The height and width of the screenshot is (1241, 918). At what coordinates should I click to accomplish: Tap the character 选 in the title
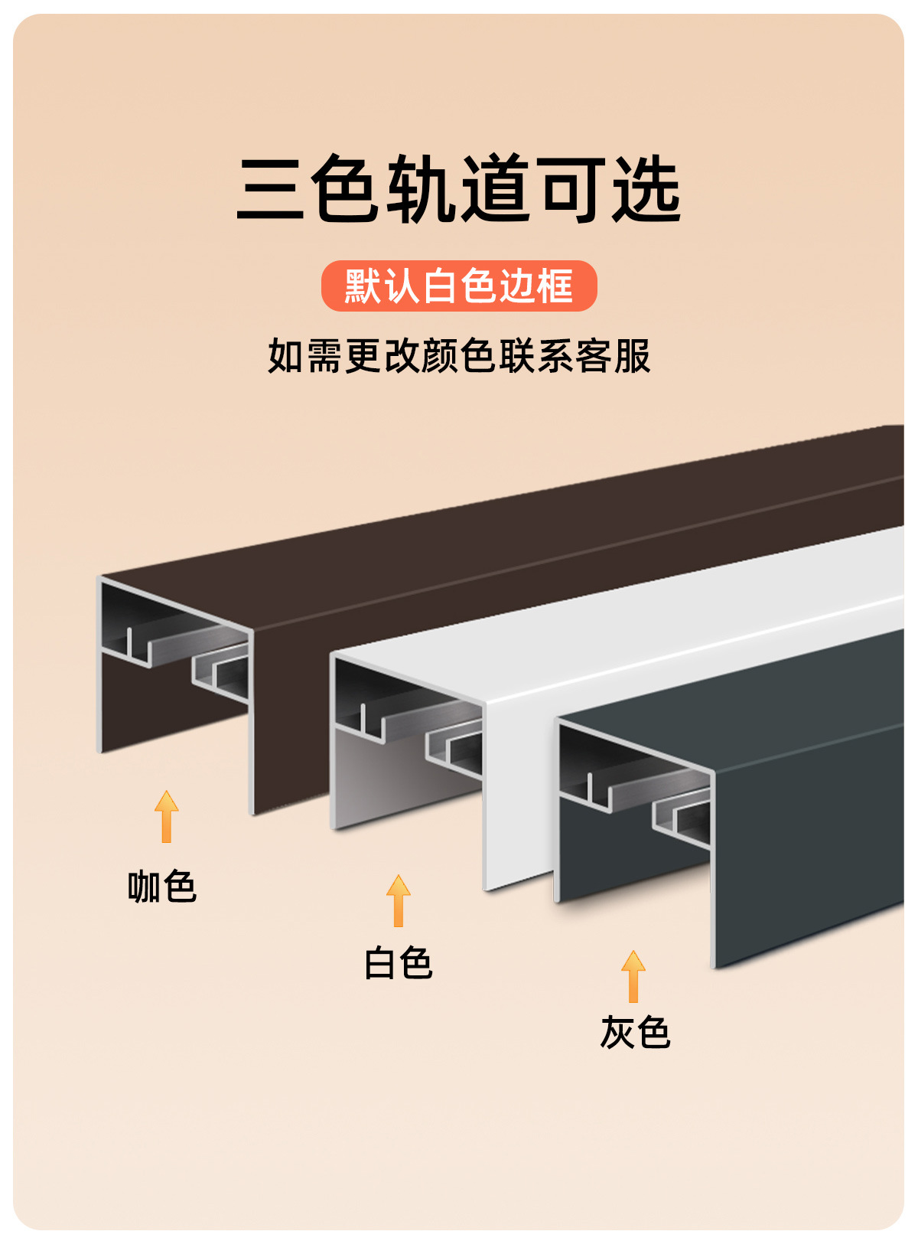click(646, 189)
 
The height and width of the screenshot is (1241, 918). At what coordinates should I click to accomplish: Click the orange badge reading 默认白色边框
click(459, 286)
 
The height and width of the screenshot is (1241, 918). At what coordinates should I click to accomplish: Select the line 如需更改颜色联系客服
click(459, 356)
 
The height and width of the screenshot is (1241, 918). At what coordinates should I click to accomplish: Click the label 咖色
click(162, 887)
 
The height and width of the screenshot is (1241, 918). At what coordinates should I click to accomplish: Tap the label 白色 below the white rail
click(398, 963)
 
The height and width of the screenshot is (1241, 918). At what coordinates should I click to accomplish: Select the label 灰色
click(635, 1033)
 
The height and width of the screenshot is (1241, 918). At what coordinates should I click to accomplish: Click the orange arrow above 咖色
click(166, 816)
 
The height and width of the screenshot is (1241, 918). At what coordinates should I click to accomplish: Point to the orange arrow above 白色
click(398, 900)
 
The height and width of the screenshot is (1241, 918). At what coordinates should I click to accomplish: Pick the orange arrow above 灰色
click(633, 976)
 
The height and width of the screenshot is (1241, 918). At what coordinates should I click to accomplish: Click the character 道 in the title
click(497, 189)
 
